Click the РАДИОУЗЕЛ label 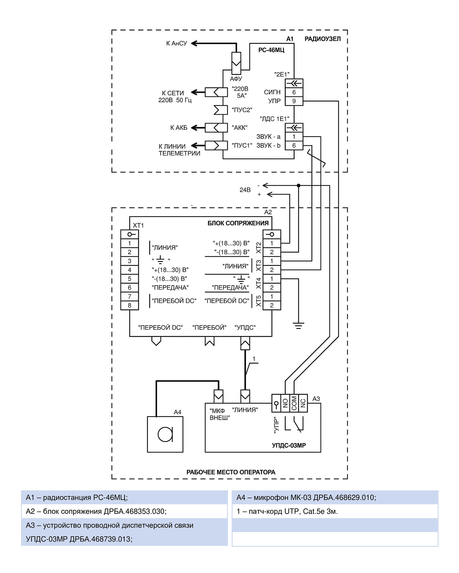click(x=322, y=39)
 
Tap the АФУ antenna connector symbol click(x=236, y=63)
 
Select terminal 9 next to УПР click(x=294, y=101)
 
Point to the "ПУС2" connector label click(x=242, y=110)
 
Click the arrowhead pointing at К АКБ click(x=194, y=128)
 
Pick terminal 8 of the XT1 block click(x=130, y=305)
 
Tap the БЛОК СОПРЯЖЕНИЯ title click(x=238, y=223)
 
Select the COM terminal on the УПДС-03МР click(x=294, y=403)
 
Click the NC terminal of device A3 click(x=303, y=403)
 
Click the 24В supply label click(x=245, y=190)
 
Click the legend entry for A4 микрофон click(x=306, y=497)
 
